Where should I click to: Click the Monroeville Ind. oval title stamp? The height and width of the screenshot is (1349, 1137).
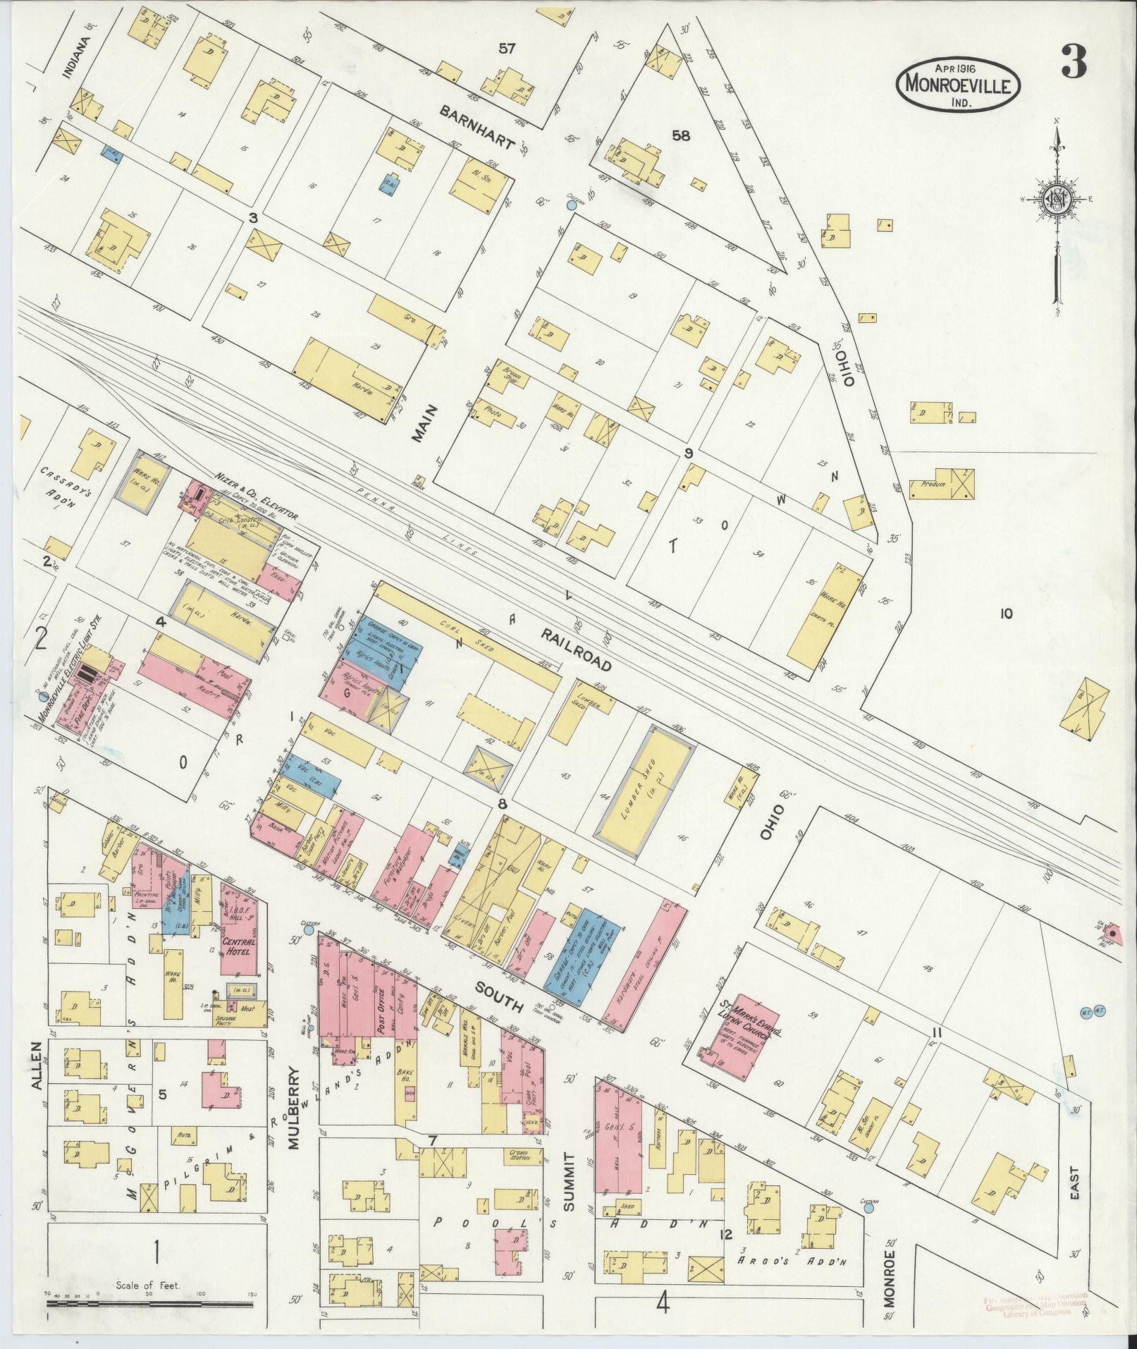pyautogui.click(x=958, y=84)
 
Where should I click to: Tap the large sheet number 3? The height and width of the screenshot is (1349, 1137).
pyautogui.click(x=1072, y=64)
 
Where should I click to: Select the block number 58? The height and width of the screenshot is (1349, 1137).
pyautogui.click(x=681, y=136)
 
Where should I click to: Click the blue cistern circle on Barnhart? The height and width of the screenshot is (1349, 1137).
pyautogui.click(x=572, y=206)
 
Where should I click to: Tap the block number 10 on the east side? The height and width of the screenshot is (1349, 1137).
pyautogui.click(x=1005, y=614)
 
